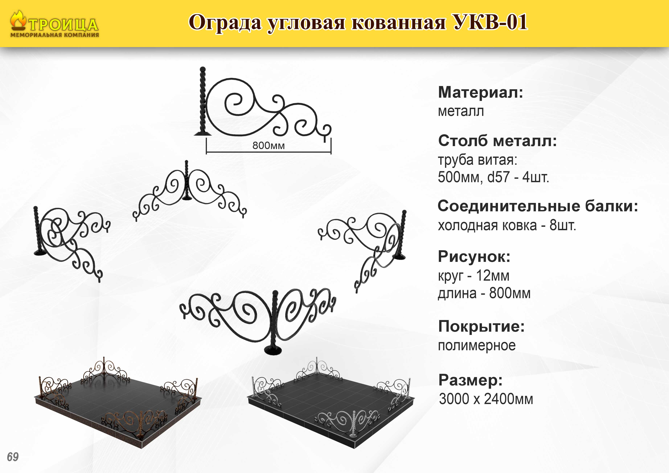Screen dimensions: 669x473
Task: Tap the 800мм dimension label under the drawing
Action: [x=268, y=145]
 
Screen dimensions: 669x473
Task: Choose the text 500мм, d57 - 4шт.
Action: [x=494, y=177]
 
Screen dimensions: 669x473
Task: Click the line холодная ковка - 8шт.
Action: [x=507, y=225]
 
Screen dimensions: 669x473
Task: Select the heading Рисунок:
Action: [x=474, y=257]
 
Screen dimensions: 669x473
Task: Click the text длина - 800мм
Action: [x=484, y=293]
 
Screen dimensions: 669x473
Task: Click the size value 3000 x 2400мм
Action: [x=486, y=399]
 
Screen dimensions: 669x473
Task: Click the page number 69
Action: [x=13, y=457]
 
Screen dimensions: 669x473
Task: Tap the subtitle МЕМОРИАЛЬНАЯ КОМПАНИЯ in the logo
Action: [x=55, y=35]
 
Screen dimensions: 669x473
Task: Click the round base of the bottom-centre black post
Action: [x=273, y=350]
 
